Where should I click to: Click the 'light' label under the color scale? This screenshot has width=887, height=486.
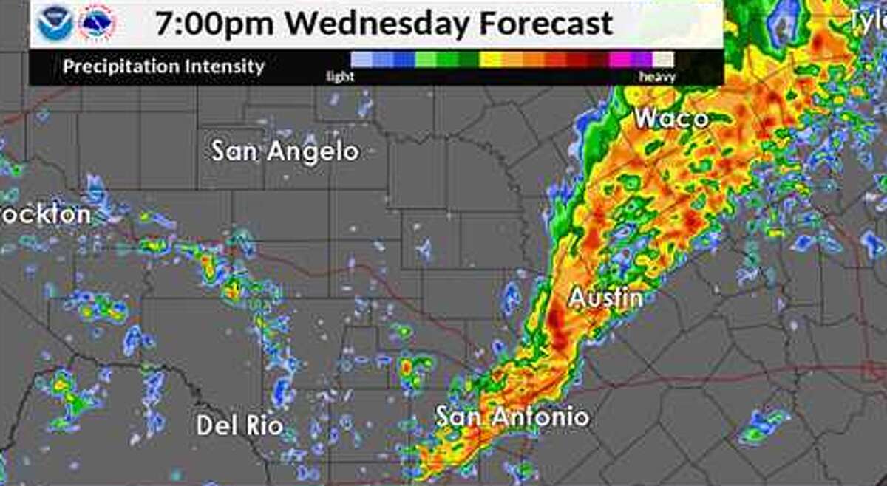click(x=341, y=77)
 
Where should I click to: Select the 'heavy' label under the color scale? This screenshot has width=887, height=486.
click(x=656, y=77)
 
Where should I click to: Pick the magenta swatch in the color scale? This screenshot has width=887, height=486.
click(x=619, y=59)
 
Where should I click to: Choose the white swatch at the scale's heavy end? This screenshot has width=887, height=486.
click(x=663, y=59)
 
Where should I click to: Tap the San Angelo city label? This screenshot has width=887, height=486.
click(x=285, y=151)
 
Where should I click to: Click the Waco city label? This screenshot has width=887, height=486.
click(x=670, y=118)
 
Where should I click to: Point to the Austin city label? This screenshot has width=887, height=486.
click(x=605, y=298)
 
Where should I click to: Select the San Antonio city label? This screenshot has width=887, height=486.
click(x=512, y=417)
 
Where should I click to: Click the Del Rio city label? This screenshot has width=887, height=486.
click(x=239, y=425)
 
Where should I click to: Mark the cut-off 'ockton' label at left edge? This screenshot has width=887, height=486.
click(x=46, y=215)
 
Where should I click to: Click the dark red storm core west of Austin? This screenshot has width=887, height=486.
click(x=557, y=325)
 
